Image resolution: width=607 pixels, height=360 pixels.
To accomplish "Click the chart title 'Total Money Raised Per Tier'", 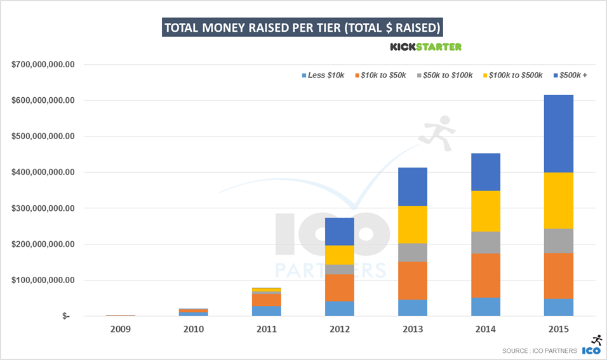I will click(303, 28).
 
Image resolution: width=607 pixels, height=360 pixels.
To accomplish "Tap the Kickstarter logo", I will click(425, 47).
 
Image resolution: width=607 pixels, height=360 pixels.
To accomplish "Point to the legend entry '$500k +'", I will click(573, 76).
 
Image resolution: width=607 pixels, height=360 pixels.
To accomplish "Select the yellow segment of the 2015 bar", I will click(559, 201).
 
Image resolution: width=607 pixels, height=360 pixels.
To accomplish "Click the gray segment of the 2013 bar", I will click(413, 253).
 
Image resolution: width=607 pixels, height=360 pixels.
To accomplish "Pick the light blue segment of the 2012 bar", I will click(340, 309).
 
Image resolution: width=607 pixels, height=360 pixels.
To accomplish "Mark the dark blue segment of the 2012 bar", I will click(340, 231).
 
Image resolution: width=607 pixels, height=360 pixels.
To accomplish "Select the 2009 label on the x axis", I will click(120, 330).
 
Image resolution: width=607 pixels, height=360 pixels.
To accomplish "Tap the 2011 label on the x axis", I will click(267, 330).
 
